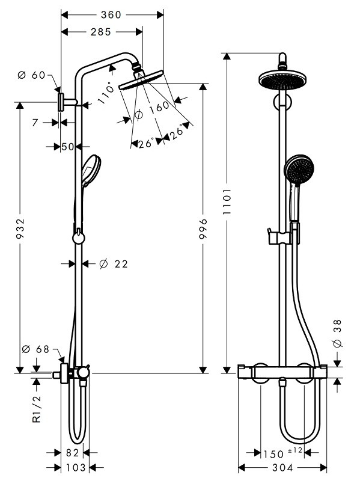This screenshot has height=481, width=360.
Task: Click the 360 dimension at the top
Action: coord(111,14)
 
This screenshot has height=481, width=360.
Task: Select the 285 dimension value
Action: coord(101,32)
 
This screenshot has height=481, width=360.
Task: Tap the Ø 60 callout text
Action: coord(32,75)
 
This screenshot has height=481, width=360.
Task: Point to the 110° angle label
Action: coord(106,94)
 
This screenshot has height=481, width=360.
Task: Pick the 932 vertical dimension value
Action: coord(20,228)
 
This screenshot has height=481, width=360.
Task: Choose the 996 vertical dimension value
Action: coord(203,228)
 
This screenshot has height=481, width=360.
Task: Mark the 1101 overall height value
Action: coord(227,201)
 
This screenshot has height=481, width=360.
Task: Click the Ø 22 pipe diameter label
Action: coord(114,264)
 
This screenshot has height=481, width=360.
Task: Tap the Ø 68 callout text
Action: coord(36,349)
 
